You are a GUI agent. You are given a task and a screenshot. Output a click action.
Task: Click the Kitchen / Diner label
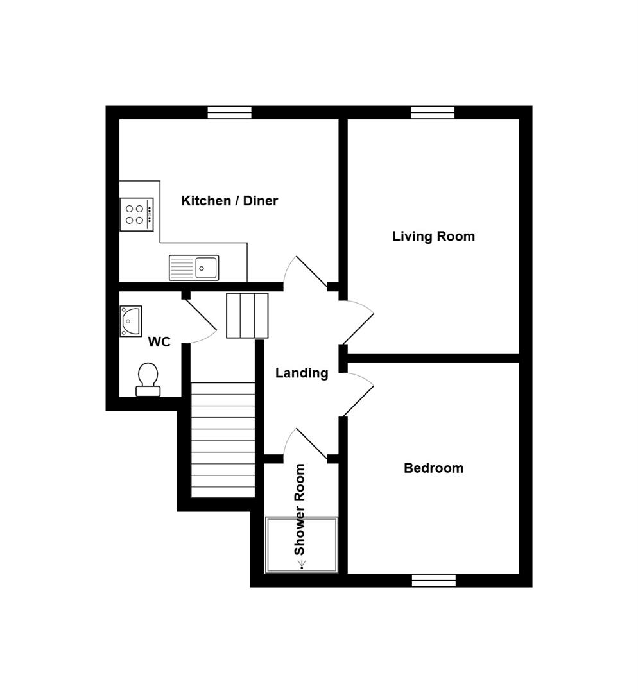[229, 201]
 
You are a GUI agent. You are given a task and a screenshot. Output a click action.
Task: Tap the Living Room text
[433, 236]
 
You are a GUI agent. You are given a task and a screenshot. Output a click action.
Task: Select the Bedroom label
[433, 468]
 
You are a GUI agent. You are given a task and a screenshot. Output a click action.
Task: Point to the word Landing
[302, 373]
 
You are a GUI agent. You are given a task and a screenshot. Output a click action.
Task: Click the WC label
[159, 342]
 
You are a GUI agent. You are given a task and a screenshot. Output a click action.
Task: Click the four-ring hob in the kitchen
[137, 214]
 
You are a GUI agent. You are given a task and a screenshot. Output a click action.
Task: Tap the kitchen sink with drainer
[194, 268]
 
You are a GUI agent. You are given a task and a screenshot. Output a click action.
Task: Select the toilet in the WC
[148, 379]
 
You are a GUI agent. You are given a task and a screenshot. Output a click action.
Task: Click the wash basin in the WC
[131, 321]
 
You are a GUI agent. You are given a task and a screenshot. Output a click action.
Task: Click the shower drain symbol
[302, 565]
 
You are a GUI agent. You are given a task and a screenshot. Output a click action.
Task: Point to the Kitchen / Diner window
[229, 112]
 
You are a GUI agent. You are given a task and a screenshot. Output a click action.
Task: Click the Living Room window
[433, 112]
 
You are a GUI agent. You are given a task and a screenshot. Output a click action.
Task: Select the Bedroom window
[434, 580]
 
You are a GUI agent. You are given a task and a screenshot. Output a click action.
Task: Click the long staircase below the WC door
[223, 440]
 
